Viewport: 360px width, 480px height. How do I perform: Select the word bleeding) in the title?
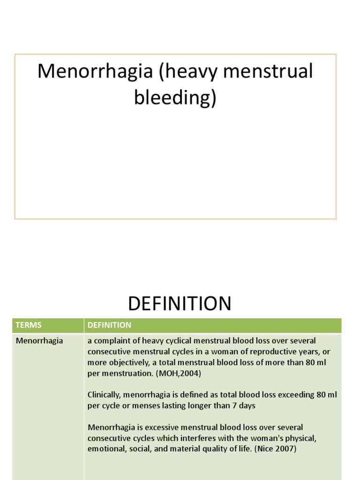pos(175,98)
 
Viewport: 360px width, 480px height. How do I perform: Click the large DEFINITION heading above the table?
pos(180,304)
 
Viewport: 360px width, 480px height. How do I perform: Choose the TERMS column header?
pos(29,325)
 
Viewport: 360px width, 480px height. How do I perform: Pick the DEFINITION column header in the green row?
pos(109,325)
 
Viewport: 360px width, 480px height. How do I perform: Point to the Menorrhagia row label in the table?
pos(39,341)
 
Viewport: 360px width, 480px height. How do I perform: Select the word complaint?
pos(111,341)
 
